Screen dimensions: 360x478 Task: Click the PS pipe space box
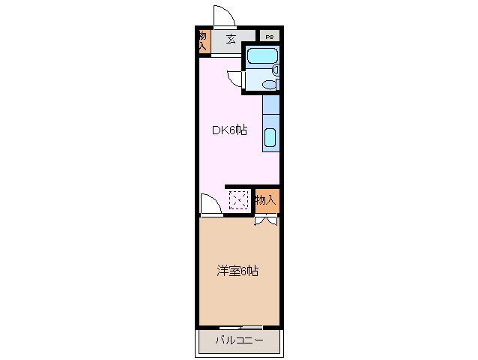[x=268, y=37]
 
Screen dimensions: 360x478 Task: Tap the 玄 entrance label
[x=231, y=39]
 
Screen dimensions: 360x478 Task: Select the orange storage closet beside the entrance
[x=203, y=42]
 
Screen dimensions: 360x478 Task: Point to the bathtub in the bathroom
[x=261, y=55]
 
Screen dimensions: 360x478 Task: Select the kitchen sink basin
[x=270, y=137]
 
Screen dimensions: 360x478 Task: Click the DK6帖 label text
[x=229, y=130]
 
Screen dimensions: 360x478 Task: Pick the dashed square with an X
[x=238, y=199]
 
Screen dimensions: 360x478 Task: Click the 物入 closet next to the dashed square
[x=266, y=199]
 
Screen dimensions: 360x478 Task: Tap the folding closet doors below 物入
[x=266, y=220]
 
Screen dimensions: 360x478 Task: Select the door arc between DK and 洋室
[x=209, y=205]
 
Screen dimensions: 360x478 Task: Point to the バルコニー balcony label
[x=238, y=340]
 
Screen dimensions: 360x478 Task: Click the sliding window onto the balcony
[x=240, y=328]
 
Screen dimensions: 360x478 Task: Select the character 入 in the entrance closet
[x=203, y=47]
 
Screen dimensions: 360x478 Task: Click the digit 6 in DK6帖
[x=232, y=130]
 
